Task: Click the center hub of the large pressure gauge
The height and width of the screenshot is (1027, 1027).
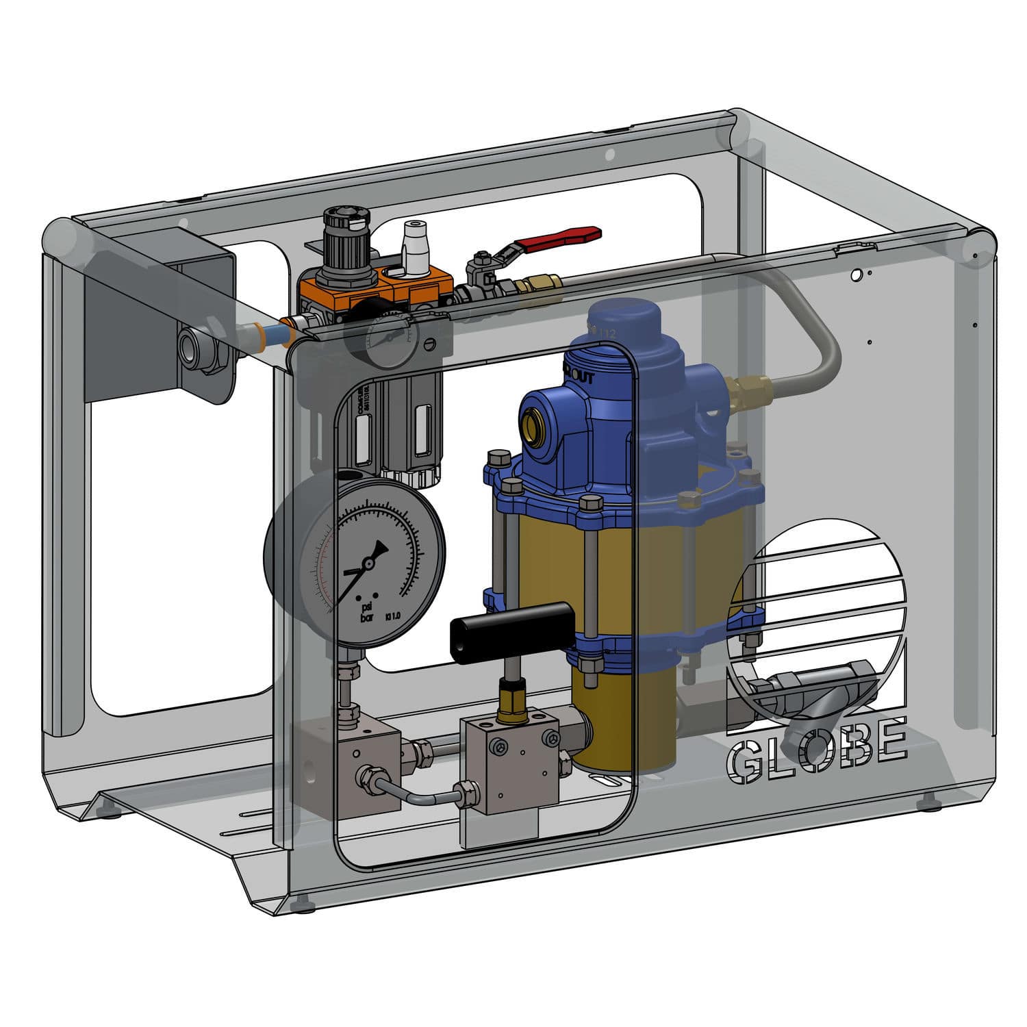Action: (368, 563)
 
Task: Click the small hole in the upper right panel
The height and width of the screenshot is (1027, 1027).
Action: (856, 275)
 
